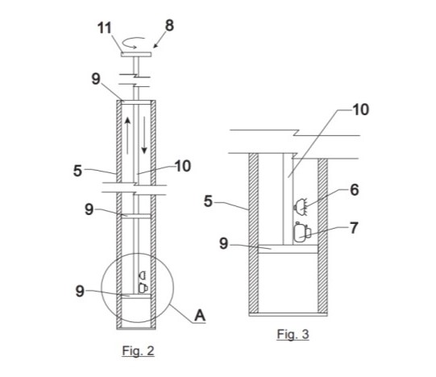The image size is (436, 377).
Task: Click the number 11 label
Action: tap(104, 28)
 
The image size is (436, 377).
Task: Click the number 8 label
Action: tap(169, 26)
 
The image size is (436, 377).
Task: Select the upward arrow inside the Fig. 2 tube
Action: tap(127, 135)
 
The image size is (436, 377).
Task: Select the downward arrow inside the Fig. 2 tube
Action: tap(144, 135)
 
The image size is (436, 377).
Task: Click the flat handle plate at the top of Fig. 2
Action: tap(136, 55)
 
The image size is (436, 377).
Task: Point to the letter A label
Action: tap(200, 316)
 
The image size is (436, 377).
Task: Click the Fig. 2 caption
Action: tap(138, 351)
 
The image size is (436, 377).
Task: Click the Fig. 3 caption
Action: tap(293, 334)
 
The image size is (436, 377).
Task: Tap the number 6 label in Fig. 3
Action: tap(355, 190)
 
